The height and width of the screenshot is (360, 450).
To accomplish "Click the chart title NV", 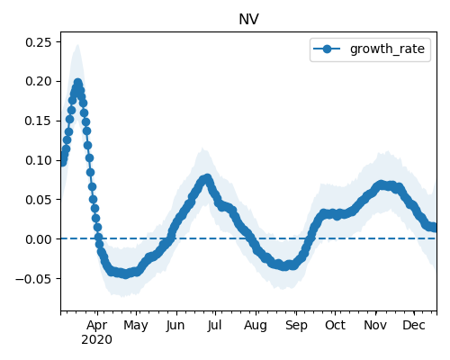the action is click(248, 20).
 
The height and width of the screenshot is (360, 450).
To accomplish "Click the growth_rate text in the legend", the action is click(387, 49).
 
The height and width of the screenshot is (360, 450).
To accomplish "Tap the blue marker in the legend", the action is click(327, 49).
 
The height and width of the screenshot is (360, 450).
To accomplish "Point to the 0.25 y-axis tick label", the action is click(39, 42).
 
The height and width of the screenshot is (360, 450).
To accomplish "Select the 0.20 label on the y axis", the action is click(39, 81).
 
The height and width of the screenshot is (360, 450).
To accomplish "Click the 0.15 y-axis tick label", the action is click(39, 121).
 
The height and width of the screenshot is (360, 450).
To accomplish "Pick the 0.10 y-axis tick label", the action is click(39, 160).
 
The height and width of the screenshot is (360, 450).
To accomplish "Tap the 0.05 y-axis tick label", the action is click(39, 200).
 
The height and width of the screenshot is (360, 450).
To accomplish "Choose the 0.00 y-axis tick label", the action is click(39, 239).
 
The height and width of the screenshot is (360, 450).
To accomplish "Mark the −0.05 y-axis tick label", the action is click(33, 279).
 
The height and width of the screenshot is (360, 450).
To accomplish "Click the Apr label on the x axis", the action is click(96, 326).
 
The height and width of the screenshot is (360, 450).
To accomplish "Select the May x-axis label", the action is click(136, 326).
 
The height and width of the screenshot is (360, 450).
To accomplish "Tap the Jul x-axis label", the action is click(214, 325).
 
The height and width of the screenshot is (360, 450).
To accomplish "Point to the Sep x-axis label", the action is click(296, 326).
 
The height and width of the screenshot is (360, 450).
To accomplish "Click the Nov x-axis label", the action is click(375, 325).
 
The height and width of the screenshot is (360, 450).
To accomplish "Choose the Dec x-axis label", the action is click(414, 325).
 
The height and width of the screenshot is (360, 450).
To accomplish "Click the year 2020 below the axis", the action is click(96, 339).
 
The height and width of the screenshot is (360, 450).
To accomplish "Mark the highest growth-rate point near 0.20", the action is click(78, 83).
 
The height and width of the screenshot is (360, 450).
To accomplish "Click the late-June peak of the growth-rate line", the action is click(207, 178).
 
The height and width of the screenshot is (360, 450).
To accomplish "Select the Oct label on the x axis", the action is click(335, 325).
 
